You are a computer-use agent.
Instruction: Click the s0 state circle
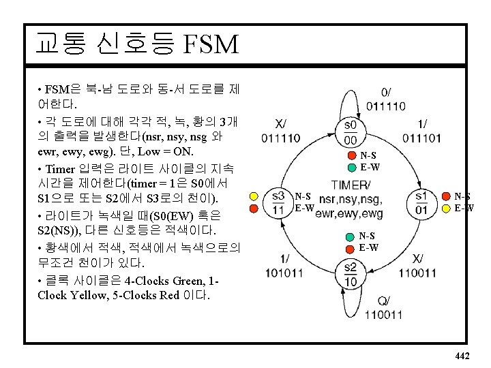pyautogui.click(x=351, y=132)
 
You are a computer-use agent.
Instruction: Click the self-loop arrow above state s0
pyautogui.click(x=351, y=102)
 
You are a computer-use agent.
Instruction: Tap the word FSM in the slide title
pyautogui.click(x=211, y=45)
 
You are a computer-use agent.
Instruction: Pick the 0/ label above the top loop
pyautogui.click(x=386, y=92)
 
